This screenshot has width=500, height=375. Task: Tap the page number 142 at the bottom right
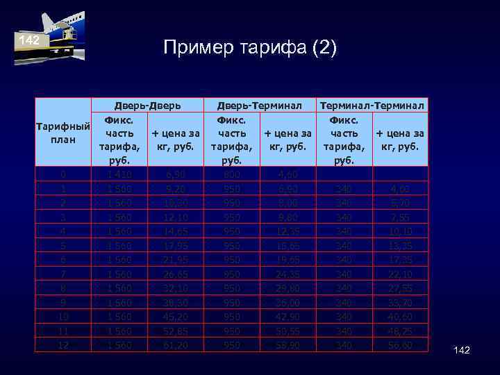tap(461, 350)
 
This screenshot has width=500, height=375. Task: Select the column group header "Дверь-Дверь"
tap(148, 106)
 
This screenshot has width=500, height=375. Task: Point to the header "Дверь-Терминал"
tap(259, 106)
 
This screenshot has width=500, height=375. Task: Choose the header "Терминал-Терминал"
tap(372, 106)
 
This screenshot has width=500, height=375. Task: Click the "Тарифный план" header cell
tap(62, 133)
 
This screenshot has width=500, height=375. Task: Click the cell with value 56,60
tap(399, 345)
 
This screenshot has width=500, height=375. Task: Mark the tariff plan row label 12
tap(62, 345)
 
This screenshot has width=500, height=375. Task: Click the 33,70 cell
tap(399, 302)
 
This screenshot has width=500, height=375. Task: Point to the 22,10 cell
tap(399, 274)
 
